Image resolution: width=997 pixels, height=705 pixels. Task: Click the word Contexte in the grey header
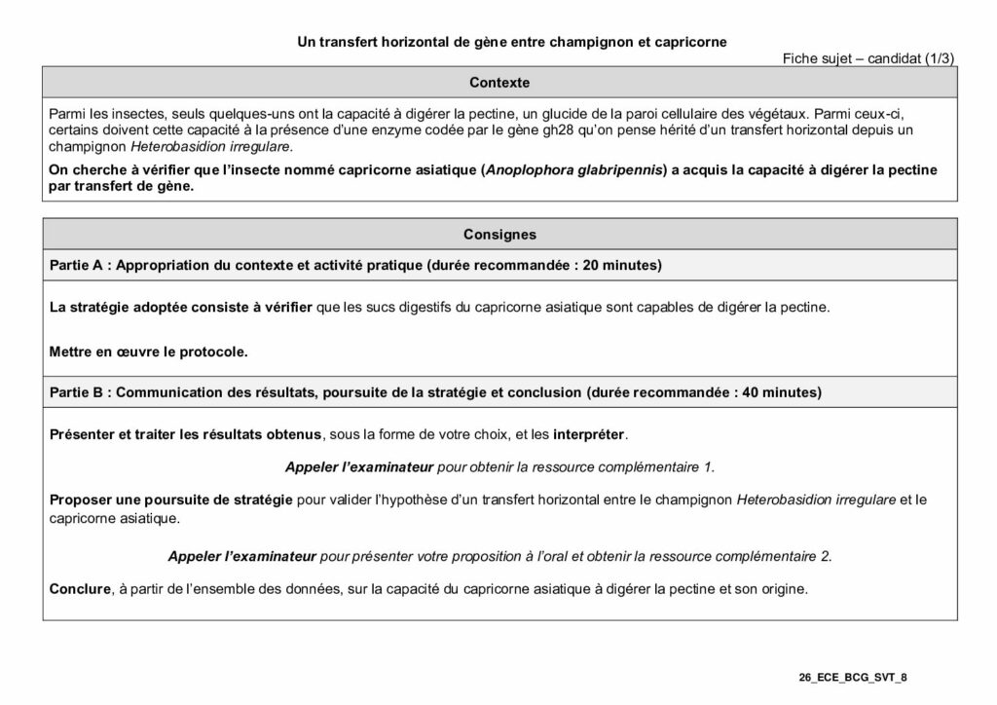pyautogui.click(x=498, y=83)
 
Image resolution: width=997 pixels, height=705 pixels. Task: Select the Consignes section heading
pyautogui.click(x=498, y=235)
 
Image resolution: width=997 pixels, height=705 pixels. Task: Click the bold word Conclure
pyautogui.click(x=79, y=589)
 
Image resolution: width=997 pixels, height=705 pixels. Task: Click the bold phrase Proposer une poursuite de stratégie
pyautogui.click(x=171, y=500)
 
